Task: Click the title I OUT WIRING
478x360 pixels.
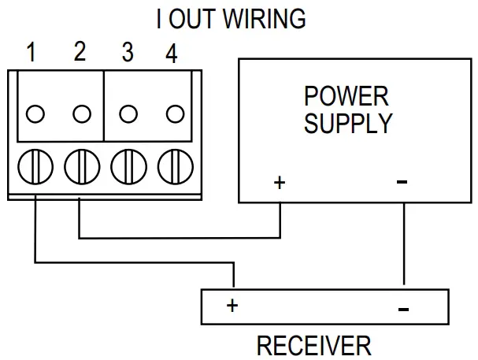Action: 231,19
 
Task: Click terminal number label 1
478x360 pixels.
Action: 31,54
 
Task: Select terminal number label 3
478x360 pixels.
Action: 127,54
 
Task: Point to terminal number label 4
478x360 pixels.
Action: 172,54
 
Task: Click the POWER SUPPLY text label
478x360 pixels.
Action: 347,109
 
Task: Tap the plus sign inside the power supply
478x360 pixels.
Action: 279,183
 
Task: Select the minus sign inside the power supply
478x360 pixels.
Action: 402,183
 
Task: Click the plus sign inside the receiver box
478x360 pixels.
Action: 232,306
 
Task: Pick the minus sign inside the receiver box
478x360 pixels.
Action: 403,309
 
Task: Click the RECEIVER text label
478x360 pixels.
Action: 313,345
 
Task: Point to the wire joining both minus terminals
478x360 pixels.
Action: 404,244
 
